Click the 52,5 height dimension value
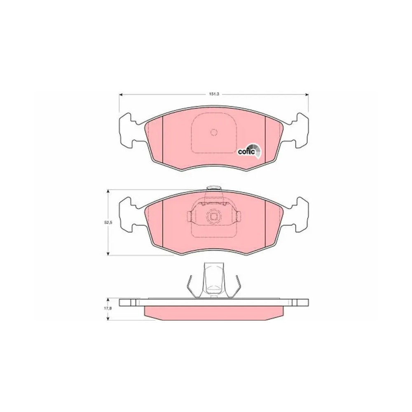(108, 222)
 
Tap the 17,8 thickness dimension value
(108, 309)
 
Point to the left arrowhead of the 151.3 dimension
(121, 95)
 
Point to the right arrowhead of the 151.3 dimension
(307, 95)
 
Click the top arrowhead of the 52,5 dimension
(108, 192)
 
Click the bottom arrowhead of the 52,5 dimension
(108, 253)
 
